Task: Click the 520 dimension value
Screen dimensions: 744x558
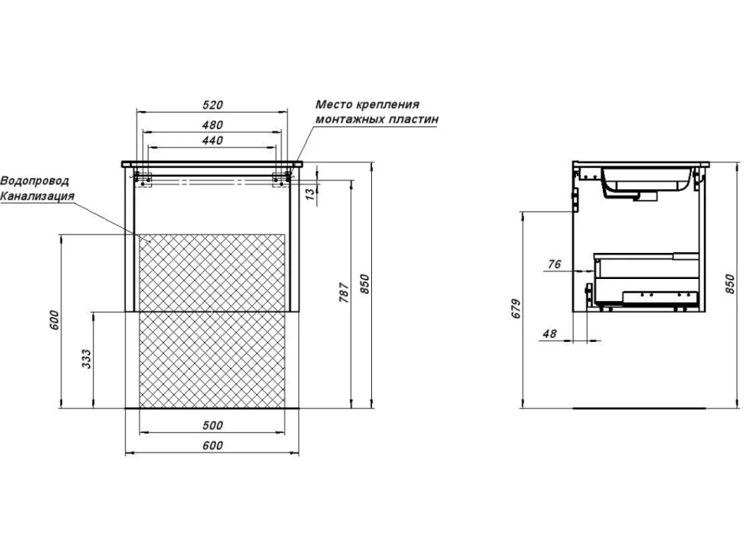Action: [x=212, y=105]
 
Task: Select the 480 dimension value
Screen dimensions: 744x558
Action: [x=212, y=125]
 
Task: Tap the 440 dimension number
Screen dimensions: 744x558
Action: [x=212, y=140]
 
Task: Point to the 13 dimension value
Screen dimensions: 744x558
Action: [x=310, y=193]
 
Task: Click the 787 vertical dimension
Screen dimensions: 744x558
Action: [x=344, y=292]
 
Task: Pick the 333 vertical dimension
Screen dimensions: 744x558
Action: [x=86, y=359]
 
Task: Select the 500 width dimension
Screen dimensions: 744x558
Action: [x=212, y=425]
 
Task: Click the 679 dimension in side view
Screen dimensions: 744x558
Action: [x=516, y=309]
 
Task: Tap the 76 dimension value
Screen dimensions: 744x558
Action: [x=555, y=264]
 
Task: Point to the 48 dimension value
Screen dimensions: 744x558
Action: [x=549, y=333]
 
